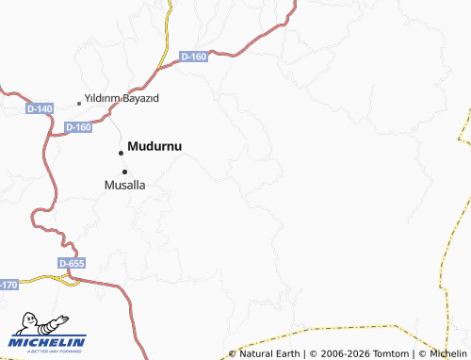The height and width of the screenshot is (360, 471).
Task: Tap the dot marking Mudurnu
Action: [121, 153]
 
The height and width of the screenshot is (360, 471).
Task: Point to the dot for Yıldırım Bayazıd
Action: [79, 103]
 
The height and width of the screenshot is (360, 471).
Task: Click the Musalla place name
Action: [124, 186]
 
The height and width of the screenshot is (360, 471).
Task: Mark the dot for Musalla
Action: [123, 171]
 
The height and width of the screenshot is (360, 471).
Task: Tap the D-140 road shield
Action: [40, 109]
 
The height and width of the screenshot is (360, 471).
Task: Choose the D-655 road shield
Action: [72, 264]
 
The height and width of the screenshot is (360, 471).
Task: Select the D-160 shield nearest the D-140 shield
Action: [79, 127]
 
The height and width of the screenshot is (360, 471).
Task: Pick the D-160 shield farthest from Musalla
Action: [193, 57]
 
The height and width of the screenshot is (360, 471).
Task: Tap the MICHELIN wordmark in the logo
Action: [47, 341]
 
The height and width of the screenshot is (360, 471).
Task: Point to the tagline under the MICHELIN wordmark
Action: [47, 352]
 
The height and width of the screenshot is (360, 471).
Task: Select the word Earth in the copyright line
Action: [287, 354]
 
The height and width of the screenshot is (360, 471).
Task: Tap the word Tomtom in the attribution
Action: [390, 354]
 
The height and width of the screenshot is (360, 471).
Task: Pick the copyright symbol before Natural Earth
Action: [232, 354]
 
